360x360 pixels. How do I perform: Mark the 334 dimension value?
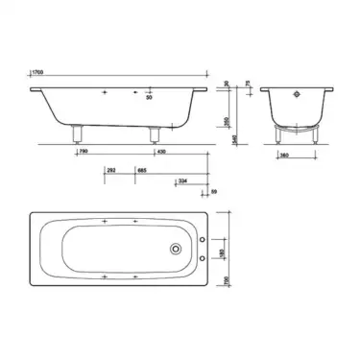[x=183, y=180]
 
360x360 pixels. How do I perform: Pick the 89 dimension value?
[x=216, y=192]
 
